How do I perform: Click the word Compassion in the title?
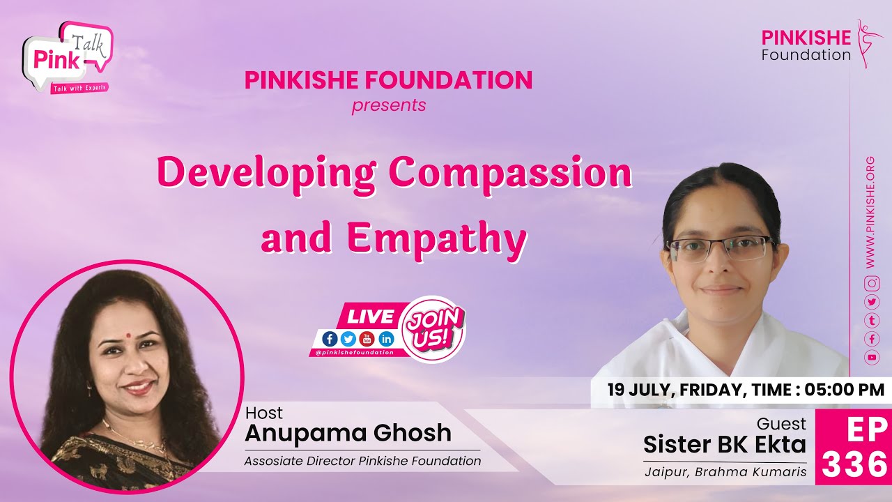tap(509, 174)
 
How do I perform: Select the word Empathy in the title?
tap(436, 238)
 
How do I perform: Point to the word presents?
tap(388, 106)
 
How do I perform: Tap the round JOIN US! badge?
tap(433, 328)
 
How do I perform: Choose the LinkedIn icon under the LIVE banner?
tap(386, 339)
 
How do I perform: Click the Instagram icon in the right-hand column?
tap(871, 283)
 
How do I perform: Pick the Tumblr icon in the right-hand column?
tap(871, 320)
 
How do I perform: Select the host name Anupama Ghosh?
tap(348, 433)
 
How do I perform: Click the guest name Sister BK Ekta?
tap(724, 444)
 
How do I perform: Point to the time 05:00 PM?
tap(844, 390)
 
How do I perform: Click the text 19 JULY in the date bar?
tap(638, 390)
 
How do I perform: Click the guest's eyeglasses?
tap(718, 249)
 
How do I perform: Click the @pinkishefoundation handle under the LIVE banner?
tap(354, 352)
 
